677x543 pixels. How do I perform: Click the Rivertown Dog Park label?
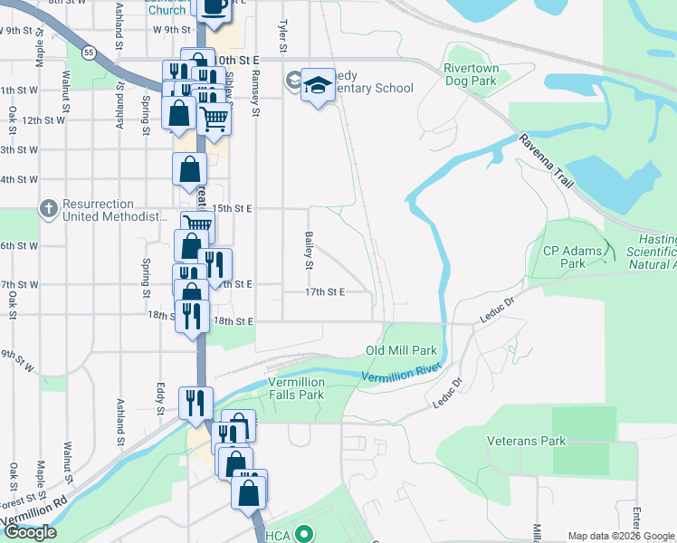(x=471, y=74)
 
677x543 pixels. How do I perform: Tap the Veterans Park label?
(x=526, y=441)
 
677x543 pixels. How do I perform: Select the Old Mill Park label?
(x=401, y=350)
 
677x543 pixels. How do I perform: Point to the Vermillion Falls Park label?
(x=296, y=388)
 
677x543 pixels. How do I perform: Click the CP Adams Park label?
(x=577, y=257)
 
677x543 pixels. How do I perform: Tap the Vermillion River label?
(x=399, y=375)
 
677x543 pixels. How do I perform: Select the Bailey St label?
(x=308, y=251)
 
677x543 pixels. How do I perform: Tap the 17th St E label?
(x=326, y=292)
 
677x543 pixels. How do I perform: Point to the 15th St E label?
(x=234, y=208)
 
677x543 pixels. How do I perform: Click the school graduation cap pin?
(x=317, y=85)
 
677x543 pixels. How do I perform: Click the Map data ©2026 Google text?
(x=621, y=536)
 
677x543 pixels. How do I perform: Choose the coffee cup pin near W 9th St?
(x=214, y=7)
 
